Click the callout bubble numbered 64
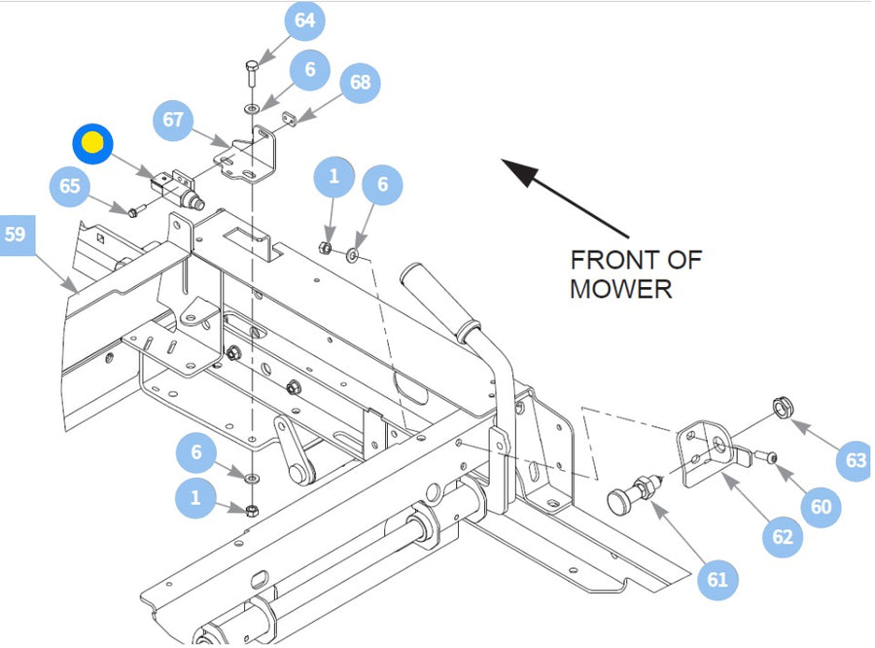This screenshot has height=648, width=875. coord(304,20)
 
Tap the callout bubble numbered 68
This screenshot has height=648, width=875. coord(361,83)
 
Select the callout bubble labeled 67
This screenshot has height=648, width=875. coord(173,120)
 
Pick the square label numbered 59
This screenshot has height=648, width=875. coord(15,235)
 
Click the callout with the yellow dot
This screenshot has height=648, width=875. coord(92,144)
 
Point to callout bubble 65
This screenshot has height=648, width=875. coord(70,186)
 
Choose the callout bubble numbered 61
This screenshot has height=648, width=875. coord(717,580)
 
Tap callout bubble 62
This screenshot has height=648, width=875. coord(783,537)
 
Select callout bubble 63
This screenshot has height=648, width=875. coord(856,460)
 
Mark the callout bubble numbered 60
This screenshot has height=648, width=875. coord(821,507)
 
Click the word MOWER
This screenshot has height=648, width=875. coord(620,289)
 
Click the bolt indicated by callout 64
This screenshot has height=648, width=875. coord(251,73)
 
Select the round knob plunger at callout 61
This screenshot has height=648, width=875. coord(633,491)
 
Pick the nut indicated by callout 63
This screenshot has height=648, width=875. coord(783,407)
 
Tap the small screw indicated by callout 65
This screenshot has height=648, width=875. coord(136,211)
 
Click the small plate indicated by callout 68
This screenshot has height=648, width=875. coord(289,119)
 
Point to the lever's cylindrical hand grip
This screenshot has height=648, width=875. coord(439,302)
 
